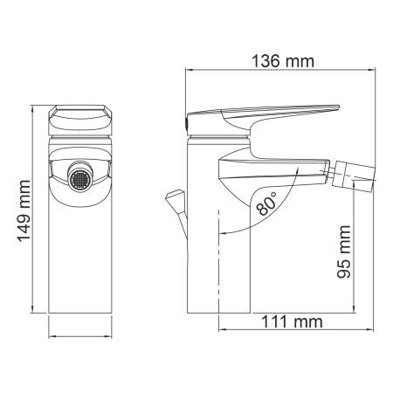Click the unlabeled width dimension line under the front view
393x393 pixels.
point(81,333)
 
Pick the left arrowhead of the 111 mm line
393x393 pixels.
point(219,331)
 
